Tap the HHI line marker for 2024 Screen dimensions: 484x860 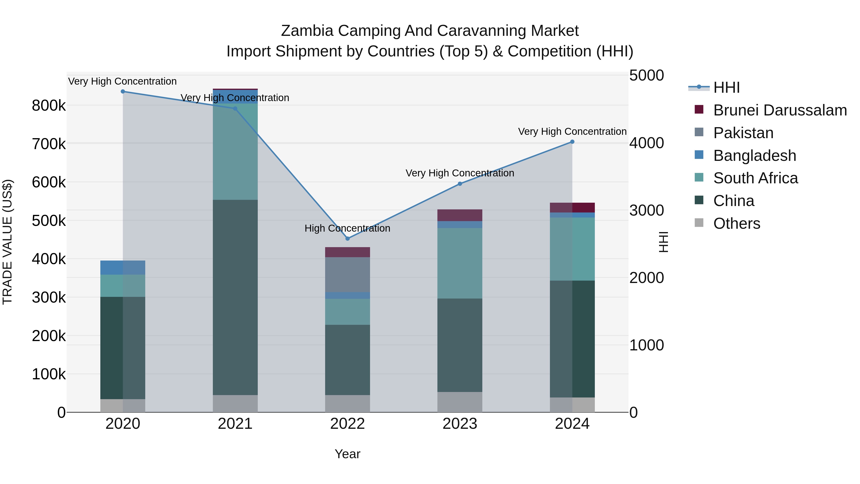tap(572, 142)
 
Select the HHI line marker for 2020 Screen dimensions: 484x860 tap(123, 92)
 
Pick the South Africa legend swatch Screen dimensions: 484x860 tap(699, 177)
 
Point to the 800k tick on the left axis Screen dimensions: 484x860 tap(49, 106)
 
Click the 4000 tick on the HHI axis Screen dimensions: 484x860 tap(646, 143)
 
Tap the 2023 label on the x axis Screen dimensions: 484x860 tap(460, 424)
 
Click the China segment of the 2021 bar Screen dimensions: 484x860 tap(235, 297)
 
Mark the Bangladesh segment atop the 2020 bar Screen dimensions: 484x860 tap(123, 267)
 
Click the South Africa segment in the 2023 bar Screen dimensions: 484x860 tap(460, 263)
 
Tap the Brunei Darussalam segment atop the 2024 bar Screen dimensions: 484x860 tap(572, 207)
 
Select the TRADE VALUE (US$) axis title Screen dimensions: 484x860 tap(7, 242)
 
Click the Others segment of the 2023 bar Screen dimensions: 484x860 tap(460, 402)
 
